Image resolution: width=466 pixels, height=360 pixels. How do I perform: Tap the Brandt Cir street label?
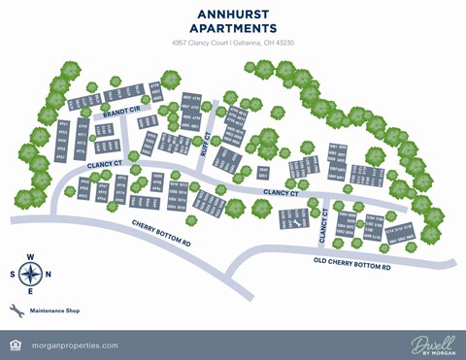[x=122, y=110]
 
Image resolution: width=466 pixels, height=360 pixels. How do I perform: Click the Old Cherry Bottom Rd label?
[x=351, y=264]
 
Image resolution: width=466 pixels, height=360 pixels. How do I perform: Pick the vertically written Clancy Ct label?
[x=323, y=229]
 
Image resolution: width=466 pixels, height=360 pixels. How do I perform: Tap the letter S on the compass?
[x=14, y=274]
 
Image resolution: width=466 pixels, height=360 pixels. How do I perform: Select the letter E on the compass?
[x=30, y=291]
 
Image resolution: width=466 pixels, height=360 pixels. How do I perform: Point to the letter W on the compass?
[x=47, y=274]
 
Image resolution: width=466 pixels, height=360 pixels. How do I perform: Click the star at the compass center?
[x=30, y=274]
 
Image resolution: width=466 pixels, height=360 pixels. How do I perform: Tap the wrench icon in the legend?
[x=16, y=311]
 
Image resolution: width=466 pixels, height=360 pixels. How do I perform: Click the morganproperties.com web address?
[x=75, y=345]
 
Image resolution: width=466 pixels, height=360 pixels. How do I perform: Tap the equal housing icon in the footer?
[x=14, y=345]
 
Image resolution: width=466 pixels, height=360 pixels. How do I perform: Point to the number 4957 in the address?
[x=179, y=44]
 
